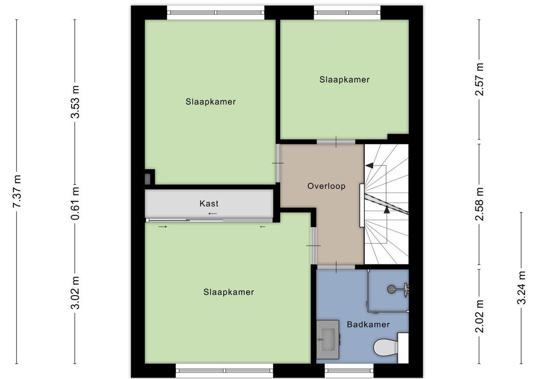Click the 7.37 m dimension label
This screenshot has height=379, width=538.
pos(17,192)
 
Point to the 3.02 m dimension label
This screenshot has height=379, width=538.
pos(75,292)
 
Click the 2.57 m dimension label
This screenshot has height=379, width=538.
pos(479,79)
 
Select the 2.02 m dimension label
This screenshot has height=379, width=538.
pos(479,317)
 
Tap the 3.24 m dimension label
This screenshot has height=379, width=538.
pos(522,288)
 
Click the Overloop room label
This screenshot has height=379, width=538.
pos(326,186)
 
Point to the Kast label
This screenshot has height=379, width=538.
pos(209,203)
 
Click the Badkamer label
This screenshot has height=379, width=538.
pos(368,324)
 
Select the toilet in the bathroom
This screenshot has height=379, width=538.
pos(385,347)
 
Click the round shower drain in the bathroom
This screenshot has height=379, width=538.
pos(391,289)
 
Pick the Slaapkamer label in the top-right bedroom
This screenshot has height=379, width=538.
pos(344,80)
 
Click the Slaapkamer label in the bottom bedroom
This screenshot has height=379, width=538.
pos(228,292)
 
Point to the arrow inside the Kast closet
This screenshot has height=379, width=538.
pos(212,214)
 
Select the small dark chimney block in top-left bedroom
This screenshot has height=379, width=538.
pos(148,178)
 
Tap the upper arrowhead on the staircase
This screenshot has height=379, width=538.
pos(369,165)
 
